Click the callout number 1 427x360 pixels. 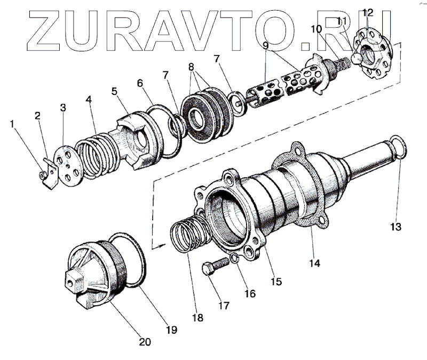[x=12, y=124]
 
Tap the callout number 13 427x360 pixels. [x=395, y=226]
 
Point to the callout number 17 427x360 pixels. [x=223, y=306]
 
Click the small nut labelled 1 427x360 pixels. [x=41, y=174]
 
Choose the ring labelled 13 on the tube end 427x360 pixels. [x=397, y=146]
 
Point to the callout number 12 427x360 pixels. [x=367, y=12]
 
